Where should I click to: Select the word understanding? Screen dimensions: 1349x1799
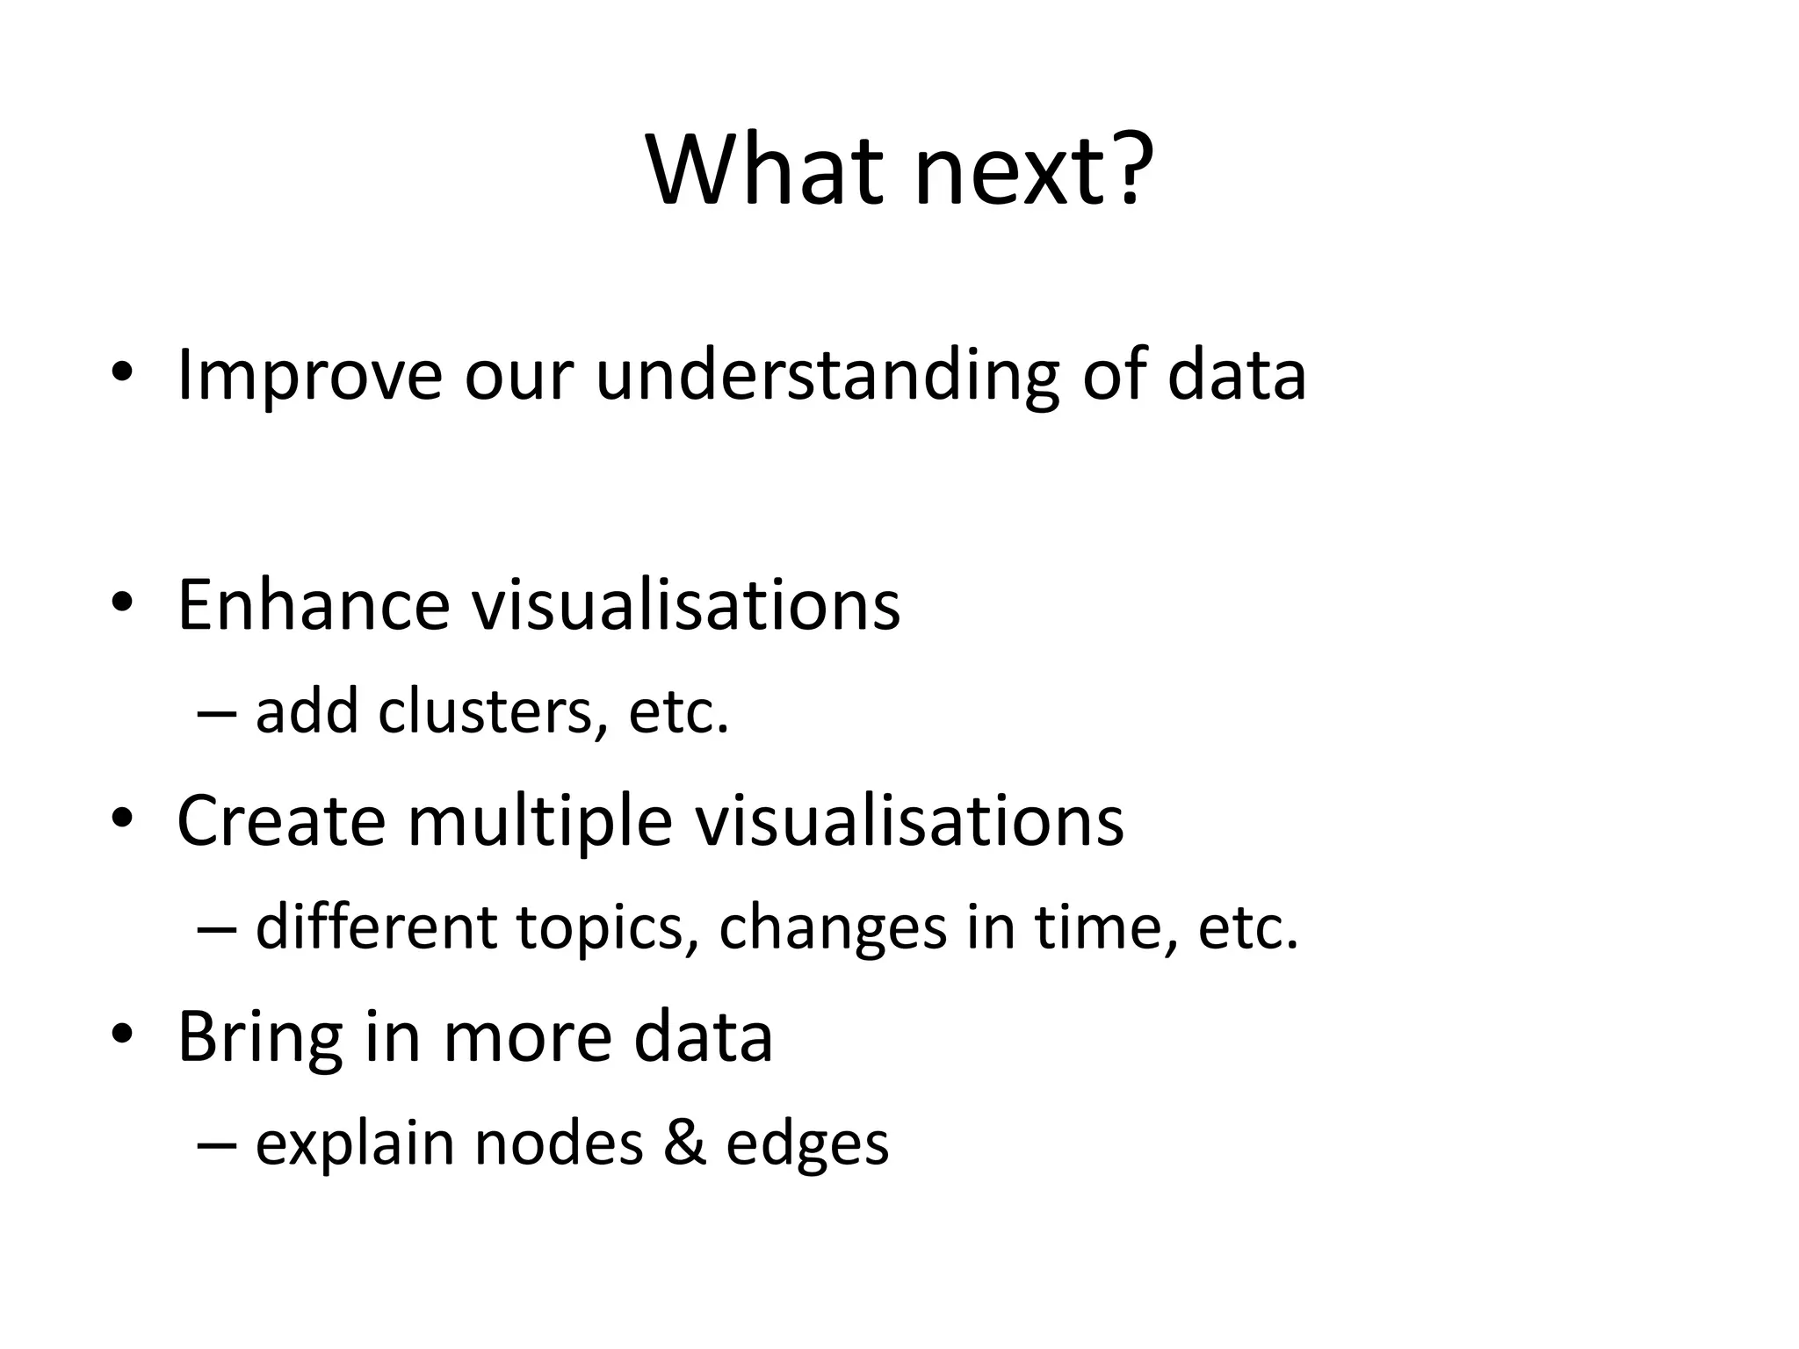(x=827, y=376)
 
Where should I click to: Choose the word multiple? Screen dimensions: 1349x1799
(x=539, y=822)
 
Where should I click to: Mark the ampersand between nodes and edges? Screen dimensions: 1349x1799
(x=685, y=1143)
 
